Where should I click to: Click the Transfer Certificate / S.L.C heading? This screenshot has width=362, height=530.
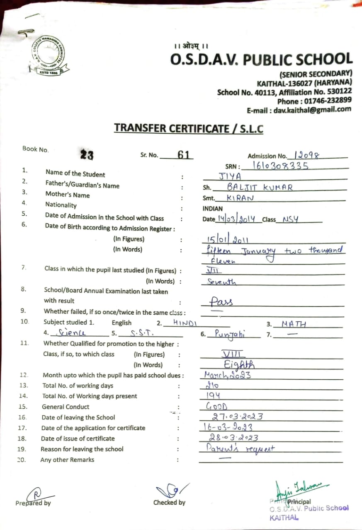(189, 128)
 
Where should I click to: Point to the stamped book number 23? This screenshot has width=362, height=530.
(87, 155)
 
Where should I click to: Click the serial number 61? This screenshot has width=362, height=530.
(183, 155)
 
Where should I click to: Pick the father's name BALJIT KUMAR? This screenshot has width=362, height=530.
(260, 187)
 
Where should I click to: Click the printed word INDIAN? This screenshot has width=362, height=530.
(212, 209)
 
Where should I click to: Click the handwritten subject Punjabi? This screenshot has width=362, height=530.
(230, 334)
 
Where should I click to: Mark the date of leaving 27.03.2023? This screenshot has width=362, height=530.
(237, 417)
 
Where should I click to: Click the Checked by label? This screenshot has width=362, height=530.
(169, 503)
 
